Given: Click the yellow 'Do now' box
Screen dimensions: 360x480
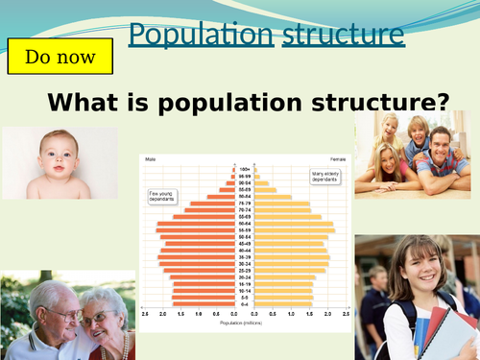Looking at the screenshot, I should [60, 57].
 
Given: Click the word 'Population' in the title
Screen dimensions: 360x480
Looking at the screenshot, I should [201, 35].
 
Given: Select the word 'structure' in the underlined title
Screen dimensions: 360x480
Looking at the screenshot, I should [343, 35].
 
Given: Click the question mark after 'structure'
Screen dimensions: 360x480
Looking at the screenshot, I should [443, 102].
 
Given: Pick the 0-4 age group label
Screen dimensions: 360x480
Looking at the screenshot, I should [243, 305].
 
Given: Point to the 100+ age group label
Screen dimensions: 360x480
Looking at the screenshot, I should [243, 168].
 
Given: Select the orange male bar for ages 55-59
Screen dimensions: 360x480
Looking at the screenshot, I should [196, 230].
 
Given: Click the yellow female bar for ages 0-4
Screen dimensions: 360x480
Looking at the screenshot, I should [282, 305].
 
